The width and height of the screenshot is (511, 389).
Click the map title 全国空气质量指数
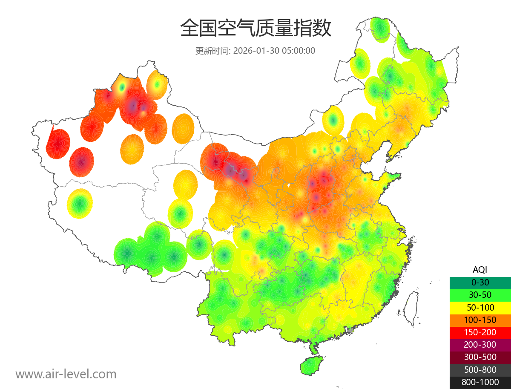pos(255,29)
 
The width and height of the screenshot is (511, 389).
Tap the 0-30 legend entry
pos(480,282)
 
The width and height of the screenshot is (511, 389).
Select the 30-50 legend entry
pos(480,295)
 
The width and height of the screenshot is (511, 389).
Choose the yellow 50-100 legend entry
pos(480,307)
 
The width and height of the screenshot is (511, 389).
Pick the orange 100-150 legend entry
pos(480,320)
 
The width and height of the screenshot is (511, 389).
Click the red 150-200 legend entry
pos(480,332)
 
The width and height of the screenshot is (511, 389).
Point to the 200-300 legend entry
pos(480,345)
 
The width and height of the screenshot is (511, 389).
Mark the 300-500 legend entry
pos(480,357)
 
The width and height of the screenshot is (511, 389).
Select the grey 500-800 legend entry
pos(480,370)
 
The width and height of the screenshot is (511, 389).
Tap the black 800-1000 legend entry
pos(480,382)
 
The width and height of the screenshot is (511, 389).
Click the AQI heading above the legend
pos(480,270)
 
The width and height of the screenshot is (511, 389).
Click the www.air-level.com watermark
pos(66,375)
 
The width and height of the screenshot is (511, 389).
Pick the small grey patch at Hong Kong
pos(350,330)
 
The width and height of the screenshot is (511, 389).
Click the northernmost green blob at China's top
pos(379,28)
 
